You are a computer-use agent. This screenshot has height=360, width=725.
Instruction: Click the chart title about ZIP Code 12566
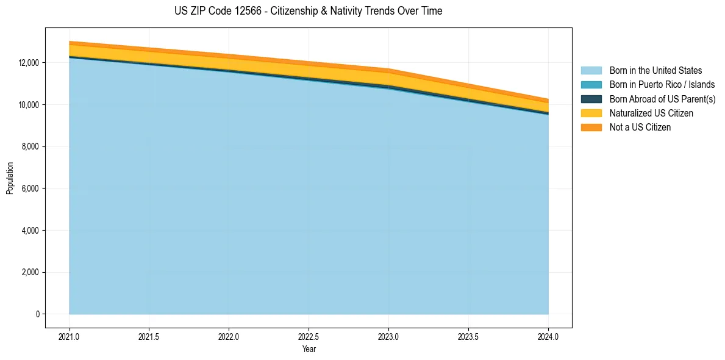coord(308,11)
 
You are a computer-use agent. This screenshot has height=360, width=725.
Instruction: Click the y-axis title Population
coord(10,178)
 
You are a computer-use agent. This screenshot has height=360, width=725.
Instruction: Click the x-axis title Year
coord(309,349)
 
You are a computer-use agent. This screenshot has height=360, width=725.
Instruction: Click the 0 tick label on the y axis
coord(37,314)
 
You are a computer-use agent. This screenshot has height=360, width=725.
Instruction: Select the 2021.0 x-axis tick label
coord(70,336)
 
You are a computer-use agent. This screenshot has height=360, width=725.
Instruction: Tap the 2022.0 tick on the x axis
coord(229,336)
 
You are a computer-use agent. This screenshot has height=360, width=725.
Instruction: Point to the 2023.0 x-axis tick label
coord(388,336)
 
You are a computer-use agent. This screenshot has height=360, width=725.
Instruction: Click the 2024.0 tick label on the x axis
coord(548,336)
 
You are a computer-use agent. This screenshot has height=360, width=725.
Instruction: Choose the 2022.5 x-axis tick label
coord(309,336)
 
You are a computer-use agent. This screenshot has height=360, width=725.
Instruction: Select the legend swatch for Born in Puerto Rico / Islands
coord(591,85)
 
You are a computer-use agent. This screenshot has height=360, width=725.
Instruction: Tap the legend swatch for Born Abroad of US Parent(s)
coord(591,99)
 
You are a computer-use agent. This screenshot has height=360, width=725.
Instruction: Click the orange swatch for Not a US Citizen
coord(591,128)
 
